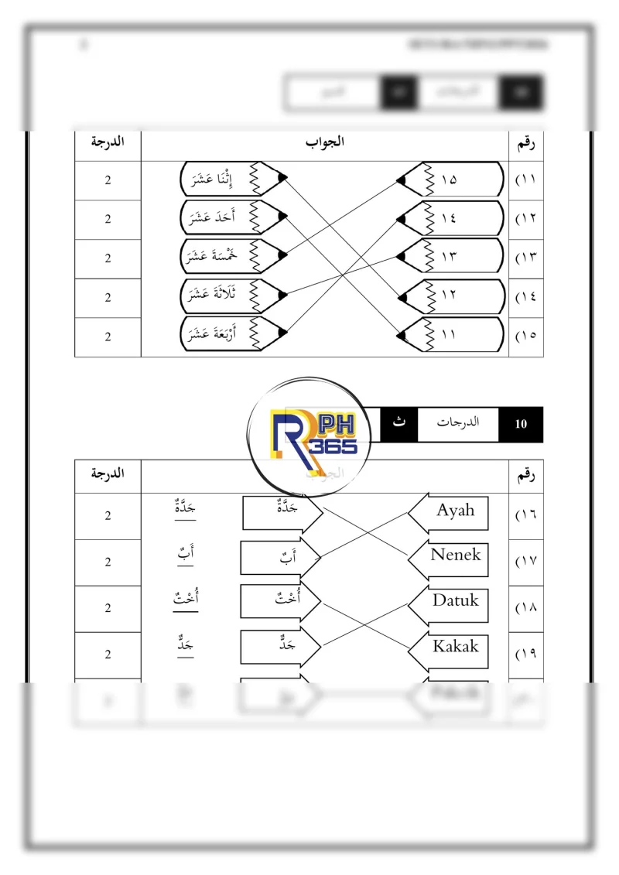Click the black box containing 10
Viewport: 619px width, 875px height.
tap(521, 424)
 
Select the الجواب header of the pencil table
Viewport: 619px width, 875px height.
tap(325, 142)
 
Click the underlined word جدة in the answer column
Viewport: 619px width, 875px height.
tap(186, 511)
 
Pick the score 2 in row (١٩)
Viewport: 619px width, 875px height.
tap(108, 655)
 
